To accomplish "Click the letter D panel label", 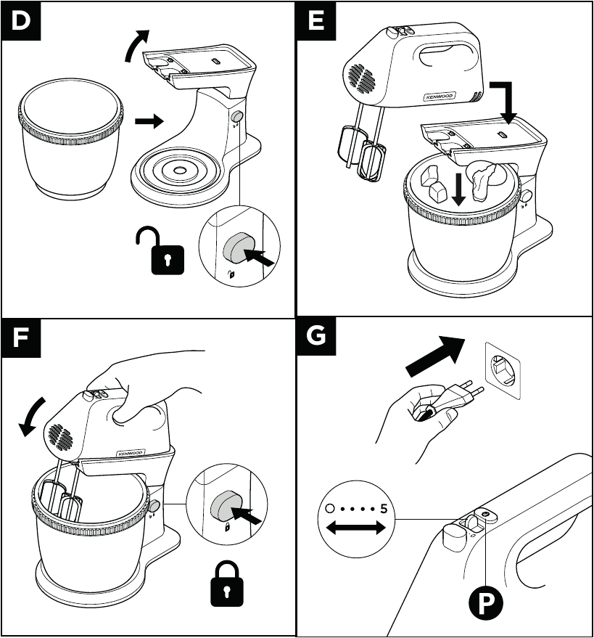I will [x=22, y=21].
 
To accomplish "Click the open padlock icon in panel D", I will [x=160, y=251].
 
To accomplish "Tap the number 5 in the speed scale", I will [x=384, y=509].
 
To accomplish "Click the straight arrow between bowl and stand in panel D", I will [x=149, y=122].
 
